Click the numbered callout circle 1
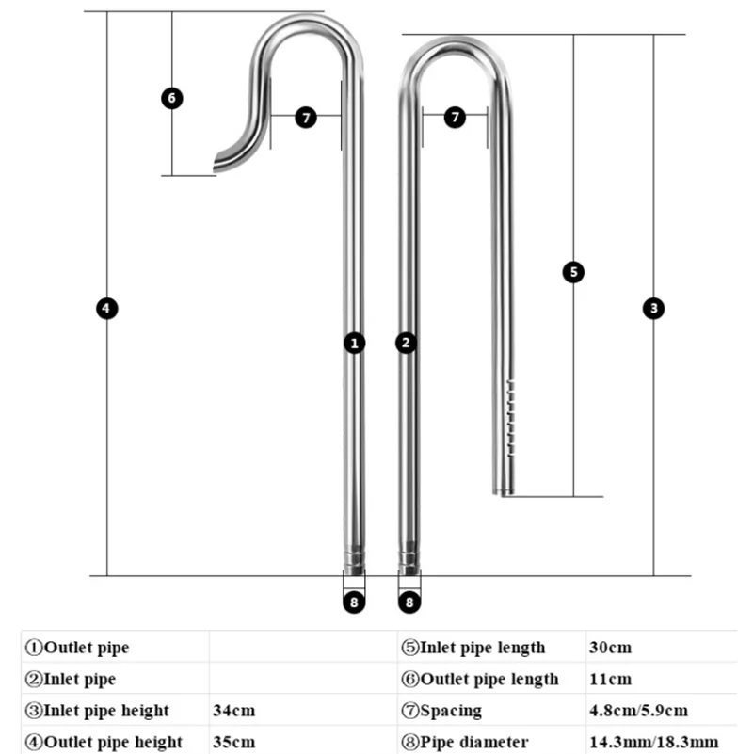tap(354, 343)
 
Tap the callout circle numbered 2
tap(407, 343)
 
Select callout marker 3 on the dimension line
tap(654, 308)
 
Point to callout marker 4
tap(107, 308)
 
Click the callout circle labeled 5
tap(573, 272)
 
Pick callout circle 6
tap(171, 97)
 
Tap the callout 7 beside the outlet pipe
tap(306, 118)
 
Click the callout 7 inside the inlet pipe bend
tap(455, 118)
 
